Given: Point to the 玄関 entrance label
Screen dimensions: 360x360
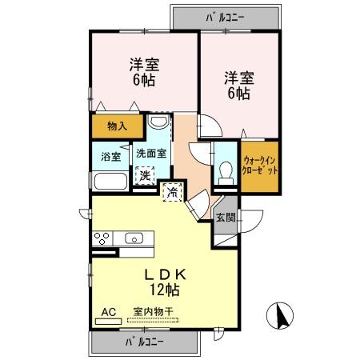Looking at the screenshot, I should (x=226, y=217).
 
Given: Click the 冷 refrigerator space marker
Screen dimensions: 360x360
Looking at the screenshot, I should (x=171, y=191).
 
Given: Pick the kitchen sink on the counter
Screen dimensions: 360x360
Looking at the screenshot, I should (x=134, y=238).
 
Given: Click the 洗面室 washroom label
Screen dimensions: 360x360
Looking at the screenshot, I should (x=150, y=154).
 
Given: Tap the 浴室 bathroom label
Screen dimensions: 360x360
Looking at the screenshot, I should (x=110, y=157).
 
